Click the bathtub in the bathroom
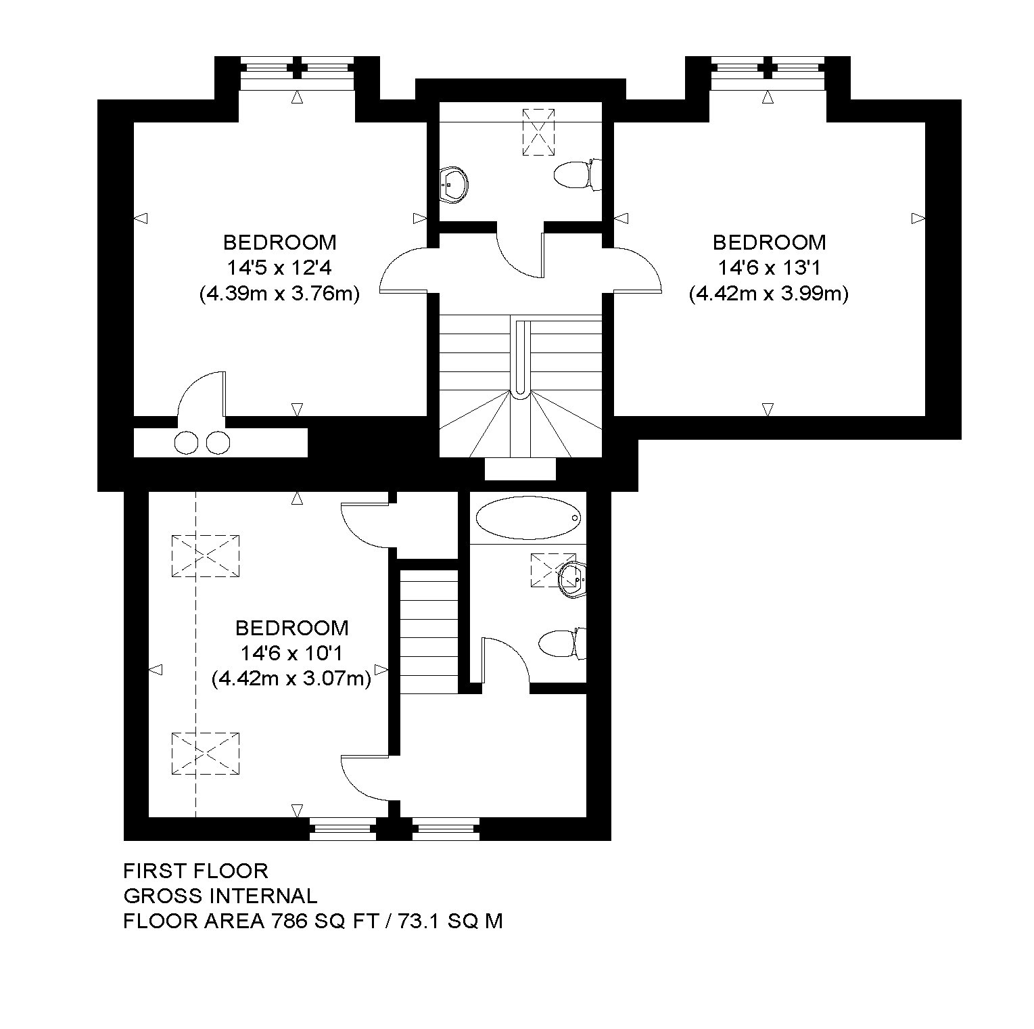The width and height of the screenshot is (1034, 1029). click(x=528, y=518)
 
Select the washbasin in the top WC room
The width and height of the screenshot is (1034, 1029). click(x=454, y=185)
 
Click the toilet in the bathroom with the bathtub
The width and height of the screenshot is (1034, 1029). click(x=562, y=643)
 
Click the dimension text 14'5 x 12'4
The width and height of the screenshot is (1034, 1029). click(x=279, y=268)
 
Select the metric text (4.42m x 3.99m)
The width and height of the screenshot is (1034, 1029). click(x=769, y=294)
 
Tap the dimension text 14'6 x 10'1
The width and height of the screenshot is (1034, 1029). click(x=292, y=654)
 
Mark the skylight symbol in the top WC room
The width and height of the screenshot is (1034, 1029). click(x=538, y=132)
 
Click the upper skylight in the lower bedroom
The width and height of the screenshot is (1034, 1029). click(x=206, y=556)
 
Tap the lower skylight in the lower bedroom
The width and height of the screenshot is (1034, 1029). click(x=206, y=753)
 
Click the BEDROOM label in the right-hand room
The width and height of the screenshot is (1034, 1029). click(x=769, y=242)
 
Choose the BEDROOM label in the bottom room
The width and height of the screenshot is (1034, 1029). click(x=292, y=628)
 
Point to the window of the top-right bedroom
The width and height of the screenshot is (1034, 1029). click(x=768, y=75)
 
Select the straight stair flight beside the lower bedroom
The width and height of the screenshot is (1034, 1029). click(x=430, y=632)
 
